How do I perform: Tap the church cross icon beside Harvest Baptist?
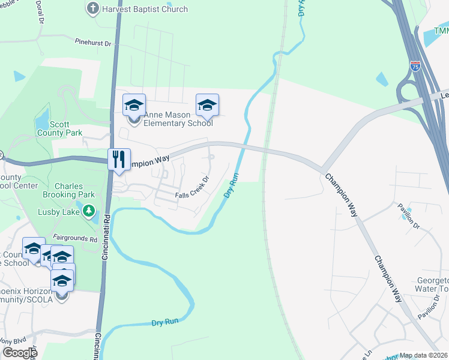point(92,8)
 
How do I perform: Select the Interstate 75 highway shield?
point(415,67)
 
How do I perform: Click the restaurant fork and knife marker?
point(119,160)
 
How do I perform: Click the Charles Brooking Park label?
point(68,190)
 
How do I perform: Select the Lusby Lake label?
point(62,211)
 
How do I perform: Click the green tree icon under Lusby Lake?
point(89,211)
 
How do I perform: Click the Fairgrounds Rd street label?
point(75,238)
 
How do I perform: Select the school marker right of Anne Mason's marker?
point(207,105)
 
